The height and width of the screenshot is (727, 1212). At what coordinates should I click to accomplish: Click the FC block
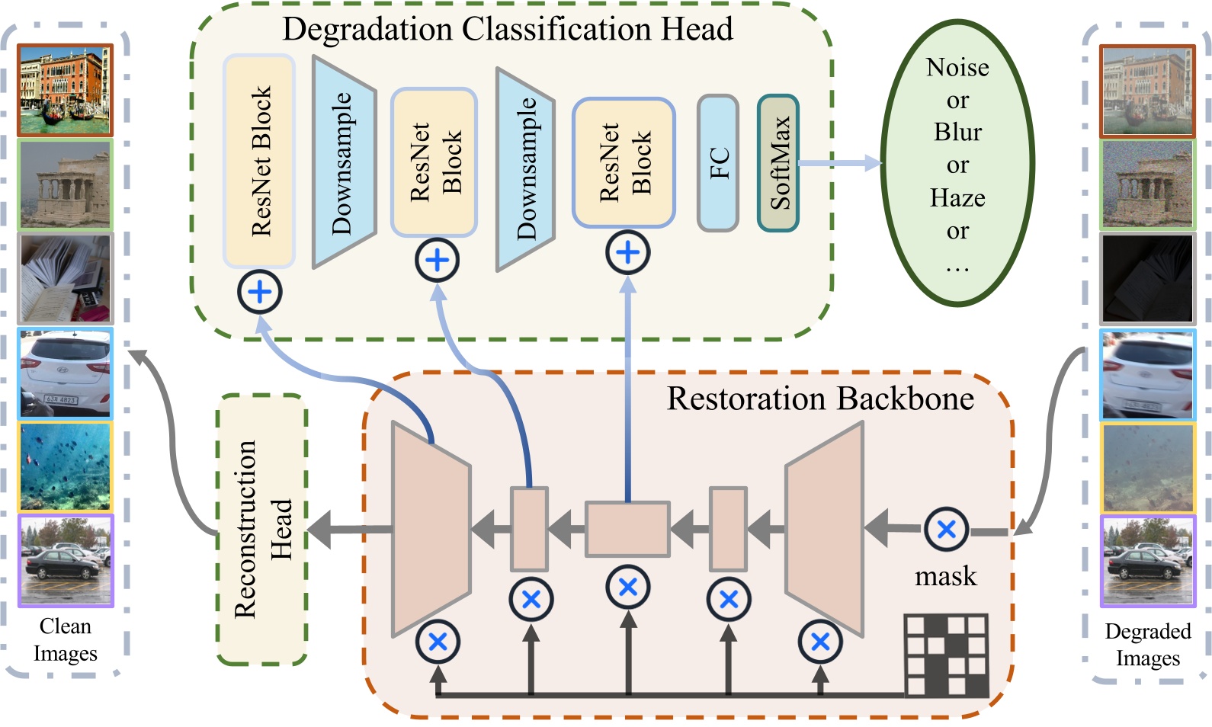tap(718, 163)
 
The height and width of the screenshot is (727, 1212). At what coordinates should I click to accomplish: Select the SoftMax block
tap(778, 163)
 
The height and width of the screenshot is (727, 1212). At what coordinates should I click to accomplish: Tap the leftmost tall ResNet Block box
tap(259, 162)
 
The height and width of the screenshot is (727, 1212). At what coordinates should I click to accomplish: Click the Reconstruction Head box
tap(261, 529)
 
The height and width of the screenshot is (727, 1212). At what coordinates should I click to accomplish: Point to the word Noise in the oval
tap(957, 68)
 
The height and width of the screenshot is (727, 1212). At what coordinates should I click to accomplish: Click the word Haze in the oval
tap(957, 198)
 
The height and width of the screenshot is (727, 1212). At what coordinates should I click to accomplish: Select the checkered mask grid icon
tap(946, 655)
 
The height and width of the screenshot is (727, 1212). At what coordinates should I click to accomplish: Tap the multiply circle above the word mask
tap(946, 529)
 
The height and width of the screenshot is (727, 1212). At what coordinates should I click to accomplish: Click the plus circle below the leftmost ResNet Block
tap(259, 292)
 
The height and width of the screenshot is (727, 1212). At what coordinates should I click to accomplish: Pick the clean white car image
tap(66, 373)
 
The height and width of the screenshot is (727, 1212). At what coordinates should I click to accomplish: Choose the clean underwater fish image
tap(66, 466)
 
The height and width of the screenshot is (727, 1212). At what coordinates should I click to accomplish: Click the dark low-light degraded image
tap(1146, 279)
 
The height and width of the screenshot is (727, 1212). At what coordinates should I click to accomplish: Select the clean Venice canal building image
tap(66, 90)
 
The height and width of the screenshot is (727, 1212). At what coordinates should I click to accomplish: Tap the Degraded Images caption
tap(1147, 645)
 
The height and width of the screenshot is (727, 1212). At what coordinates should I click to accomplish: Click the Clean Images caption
tap(66, 640)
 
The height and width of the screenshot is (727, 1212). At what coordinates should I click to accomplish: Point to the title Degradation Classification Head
tap(508, 29)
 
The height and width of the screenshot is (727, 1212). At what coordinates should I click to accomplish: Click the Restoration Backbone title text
tap(820, 399)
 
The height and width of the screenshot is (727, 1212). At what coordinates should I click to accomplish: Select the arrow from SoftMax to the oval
tap(838, 163)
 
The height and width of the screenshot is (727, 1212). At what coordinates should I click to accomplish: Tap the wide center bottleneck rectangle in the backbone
tap(627, 529)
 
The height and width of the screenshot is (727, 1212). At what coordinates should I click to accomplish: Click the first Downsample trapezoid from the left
tap(343, 163)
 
